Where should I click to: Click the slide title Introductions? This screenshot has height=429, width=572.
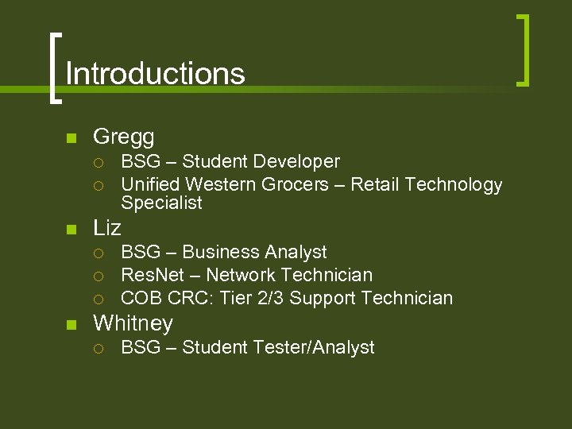[x=155, y=74]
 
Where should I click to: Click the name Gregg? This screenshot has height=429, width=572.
[x=123, y=137]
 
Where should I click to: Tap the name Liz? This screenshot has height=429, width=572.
[x=107, y=228]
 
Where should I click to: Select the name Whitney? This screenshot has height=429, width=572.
[x=133, y=323]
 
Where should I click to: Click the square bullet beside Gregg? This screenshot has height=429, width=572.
[x=71, y=138]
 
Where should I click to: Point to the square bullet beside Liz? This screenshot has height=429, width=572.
[x=71, y=230]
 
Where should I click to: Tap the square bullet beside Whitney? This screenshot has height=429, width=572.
[x=71, y=325]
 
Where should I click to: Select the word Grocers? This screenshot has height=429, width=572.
[x=297, y=185]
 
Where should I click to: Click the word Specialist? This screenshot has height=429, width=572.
[x=161, y=203]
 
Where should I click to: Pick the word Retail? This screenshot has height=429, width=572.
[x=374, y=185]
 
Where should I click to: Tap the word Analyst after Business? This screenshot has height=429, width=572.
[x=296, y=253]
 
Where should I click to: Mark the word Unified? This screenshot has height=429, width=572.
[x=151, y=185]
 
